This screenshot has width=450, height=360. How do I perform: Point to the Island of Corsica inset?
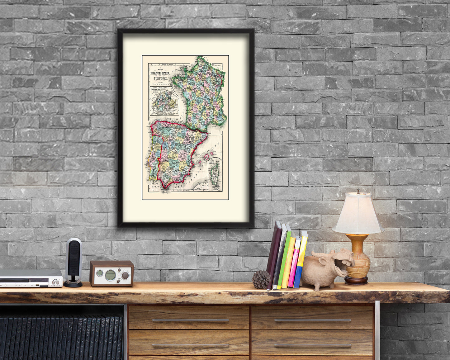click(215, 174)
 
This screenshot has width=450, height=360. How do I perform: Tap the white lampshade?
click(358, 214)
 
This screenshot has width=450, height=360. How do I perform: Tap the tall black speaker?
click(73, 262)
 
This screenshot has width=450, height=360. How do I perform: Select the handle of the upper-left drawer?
click(190, 320)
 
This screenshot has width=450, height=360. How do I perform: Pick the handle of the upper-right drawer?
click(312, 320)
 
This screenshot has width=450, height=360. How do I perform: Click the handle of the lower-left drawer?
click(190, 345)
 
